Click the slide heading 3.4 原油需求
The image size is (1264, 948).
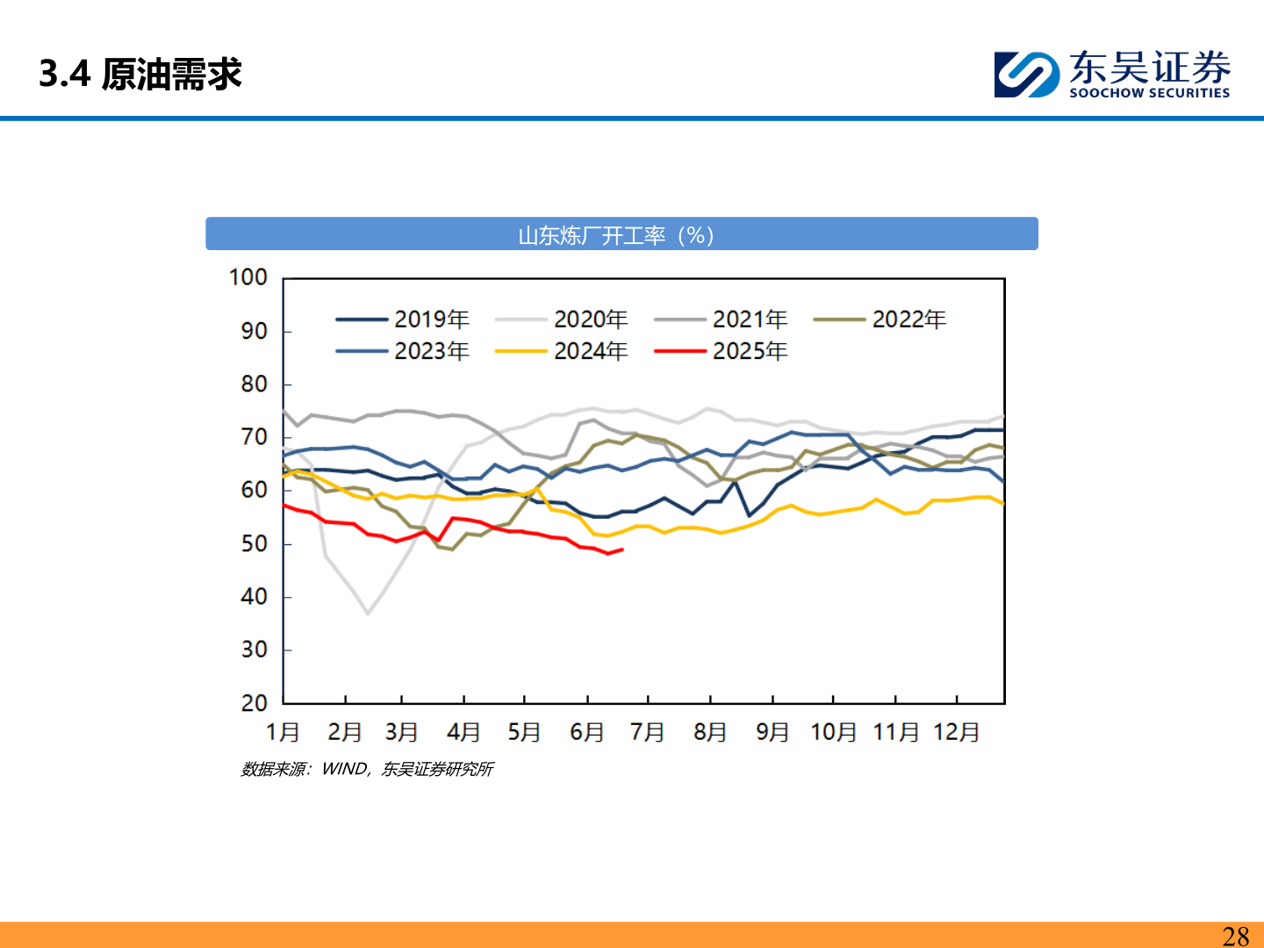coord(140,75)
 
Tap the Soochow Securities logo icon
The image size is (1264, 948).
coord(1026,75)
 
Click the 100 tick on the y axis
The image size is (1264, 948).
coord(248,277)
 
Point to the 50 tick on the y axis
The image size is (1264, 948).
coord(254,543)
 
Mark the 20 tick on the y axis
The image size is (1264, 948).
coord(254,703)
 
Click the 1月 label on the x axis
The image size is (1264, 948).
coord(283,732)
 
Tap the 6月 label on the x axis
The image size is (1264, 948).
coord(586,732)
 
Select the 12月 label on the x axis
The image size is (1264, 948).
coord(956,732)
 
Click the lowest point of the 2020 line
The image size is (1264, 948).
coord(368,614)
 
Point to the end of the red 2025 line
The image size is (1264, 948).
coord(622,549)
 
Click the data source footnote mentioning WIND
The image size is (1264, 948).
coord(367,770)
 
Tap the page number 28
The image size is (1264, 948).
coord(1235,936)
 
